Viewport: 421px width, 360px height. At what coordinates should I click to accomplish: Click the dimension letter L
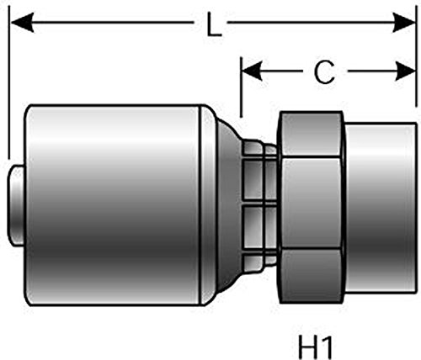point(215,27)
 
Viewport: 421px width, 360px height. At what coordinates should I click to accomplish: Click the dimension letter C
point(323,74)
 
